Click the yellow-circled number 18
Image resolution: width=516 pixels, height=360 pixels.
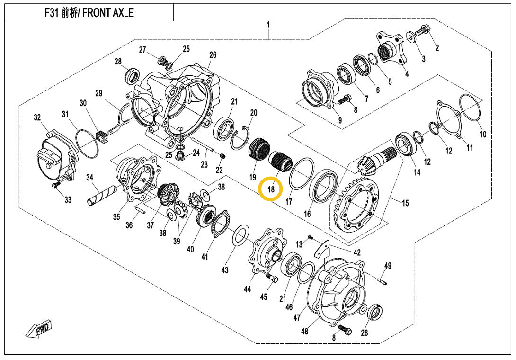click(271, 189)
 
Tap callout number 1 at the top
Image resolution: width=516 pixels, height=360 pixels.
click(268, 24)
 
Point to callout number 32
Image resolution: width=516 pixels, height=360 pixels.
click(37, 117)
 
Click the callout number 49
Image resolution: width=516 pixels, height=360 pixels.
click(387, 266)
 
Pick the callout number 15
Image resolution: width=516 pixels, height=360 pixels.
click(405, 203)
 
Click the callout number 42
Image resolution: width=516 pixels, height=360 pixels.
click(356, 252)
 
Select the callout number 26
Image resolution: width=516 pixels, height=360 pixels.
click(213, 55)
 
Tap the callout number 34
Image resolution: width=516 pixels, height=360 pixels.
click(90, 178)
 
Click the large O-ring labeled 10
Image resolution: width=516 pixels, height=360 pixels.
click(471, 109)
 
